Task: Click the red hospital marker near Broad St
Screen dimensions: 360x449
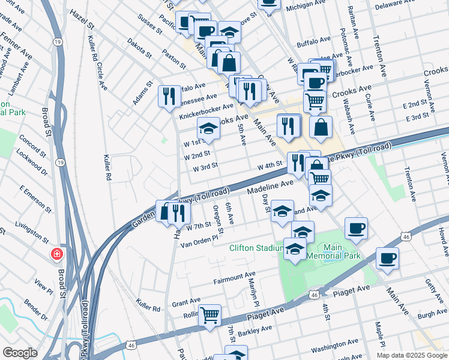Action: coord(57,254)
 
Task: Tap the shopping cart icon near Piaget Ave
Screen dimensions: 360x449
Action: coord(209,314)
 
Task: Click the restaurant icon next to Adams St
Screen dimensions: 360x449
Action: coord(169,96)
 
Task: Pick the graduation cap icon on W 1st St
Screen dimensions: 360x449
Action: coord(208,128)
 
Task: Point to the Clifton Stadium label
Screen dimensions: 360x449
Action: coord(256,248)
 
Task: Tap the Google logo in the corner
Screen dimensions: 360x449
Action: coord(20,353)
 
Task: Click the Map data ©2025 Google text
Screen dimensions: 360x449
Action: coord(412,355)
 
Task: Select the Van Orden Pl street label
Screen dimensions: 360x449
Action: coord(198,241)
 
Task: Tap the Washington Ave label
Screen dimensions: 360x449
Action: coord(335,346)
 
